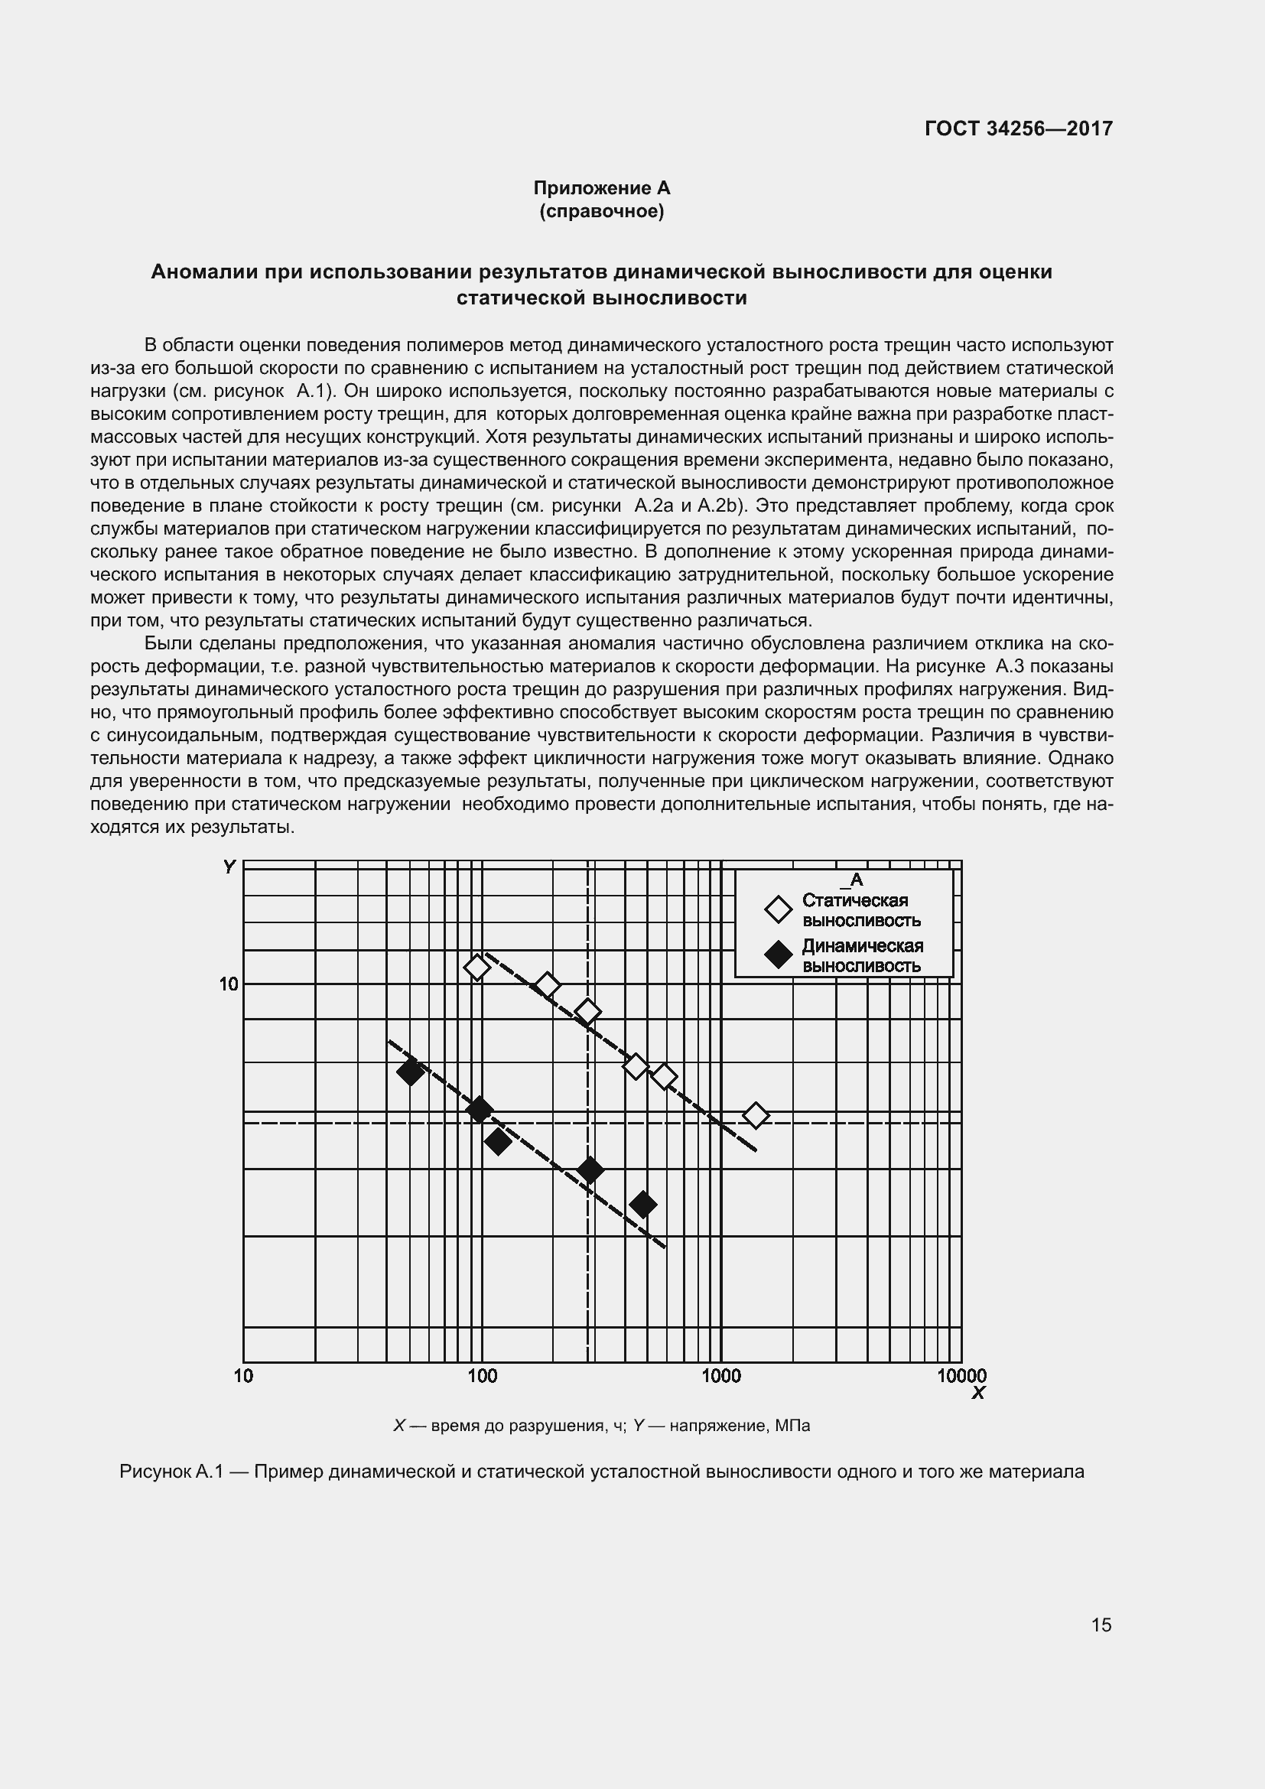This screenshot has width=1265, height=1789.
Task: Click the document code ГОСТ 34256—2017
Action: (1018, 128)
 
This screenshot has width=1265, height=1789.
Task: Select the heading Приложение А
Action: (601, 188)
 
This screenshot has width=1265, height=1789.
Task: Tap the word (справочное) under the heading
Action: (601, 211)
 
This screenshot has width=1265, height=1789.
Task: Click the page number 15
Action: (1101, 1625)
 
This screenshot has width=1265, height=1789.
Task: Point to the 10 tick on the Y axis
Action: (228, 984)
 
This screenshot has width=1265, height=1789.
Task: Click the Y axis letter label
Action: (229, 867)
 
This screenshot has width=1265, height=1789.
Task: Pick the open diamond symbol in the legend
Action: (778, 909)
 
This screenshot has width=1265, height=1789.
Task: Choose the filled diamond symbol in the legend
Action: (778, 955)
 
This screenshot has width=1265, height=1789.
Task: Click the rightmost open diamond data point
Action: (755, 1116)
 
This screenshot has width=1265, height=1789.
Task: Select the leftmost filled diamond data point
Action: (411, 1072)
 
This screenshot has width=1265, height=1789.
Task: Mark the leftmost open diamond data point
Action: (476, 968)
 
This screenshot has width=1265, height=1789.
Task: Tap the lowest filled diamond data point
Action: (643, 1205)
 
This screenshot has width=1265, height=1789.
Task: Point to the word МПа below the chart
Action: (793, 1426)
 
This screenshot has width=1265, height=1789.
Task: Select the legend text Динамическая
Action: (862, 946)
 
